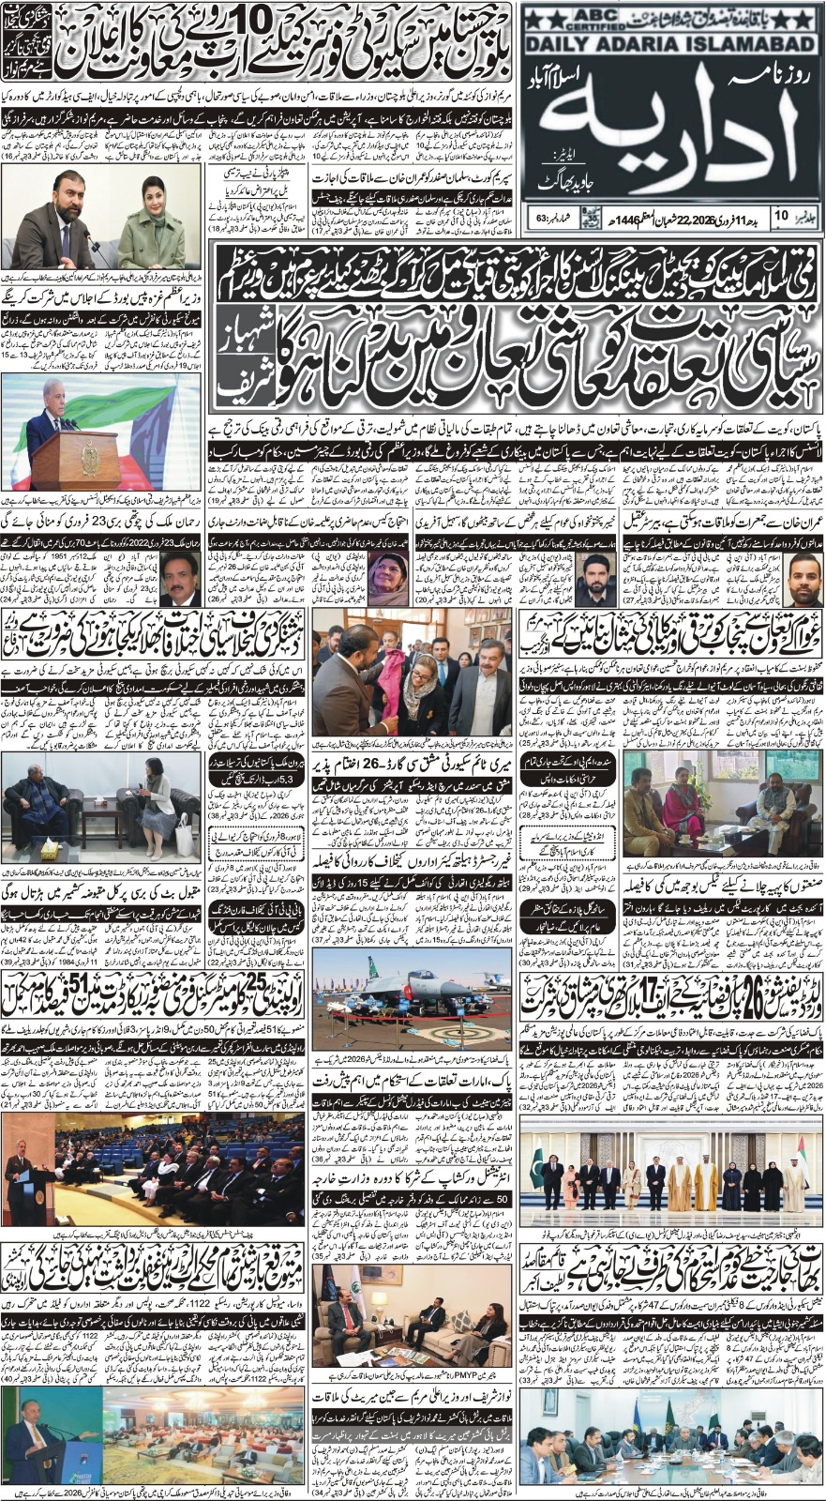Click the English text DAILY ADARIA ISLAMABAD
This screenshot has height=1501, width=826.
pyautogui.click(x=669, y=46)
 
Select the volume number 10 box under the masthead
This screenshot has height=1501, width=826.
pyautogui.click(x=782, y=218)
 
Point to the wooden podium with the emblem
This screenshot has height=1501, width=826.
pyautogui.click(x=75, y=459)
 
